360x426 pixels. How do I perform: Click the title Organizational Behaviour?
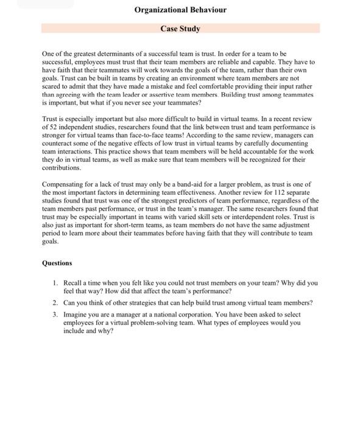click(x=180, y=10)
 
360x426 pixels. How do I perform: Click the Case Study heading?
click(x=180, y=29)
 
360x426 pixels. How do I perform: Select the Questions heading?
click(x=57, y=264)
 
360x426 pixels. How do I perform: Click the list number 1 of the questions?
click(x=55, y=284)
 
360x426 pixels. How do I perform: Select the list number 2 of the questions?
click(x=55, y=303)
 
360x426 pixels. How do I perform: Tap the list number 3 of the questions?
click(x=55, y=315)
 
